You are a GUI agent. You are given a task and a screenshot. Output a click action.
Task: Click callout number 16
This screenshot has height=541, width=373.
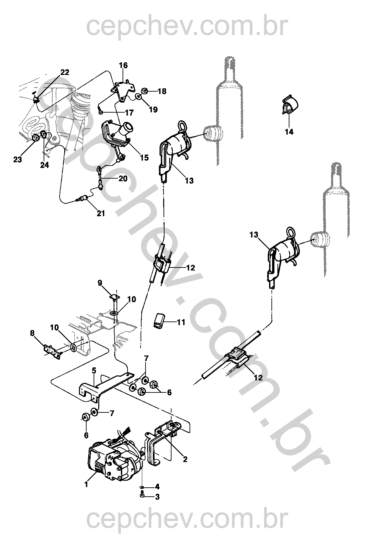click(123, 65)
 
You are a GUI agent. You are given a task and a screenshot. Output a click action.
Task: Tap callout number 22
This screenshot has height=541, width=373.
click(65, 72)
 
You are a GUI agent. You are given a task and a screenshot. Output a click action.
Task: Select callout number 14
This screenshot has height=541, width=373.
click(289, 132)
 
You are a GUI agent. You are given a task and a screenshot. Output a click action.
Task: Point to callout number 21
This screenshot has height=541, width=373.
click(101, 213)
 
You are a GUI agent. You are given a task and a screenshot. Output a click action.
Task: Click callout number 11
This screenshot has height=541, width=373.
click(181, 322)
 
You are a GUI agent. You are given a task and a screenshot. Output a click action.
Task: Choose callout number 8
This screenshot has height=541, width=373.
click(32, 333)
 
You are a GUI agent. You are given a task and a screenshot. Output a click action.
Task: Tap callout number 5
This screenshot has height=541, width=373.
click(94, 370)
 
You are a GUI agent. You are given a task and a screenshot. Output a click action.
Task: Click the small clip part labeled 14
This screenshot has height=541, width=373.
click(290, 105)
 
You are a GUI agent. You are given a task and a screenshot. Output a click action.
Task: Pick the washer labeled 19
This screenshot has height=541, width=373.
click(139, 97)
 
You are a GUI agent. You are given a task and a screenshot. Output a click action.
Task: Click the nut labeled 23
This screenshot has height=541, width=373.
click(36, 138)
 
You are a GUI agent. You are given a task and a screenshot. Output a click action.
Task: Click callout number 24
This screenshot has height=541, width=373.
click(44, 165)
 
